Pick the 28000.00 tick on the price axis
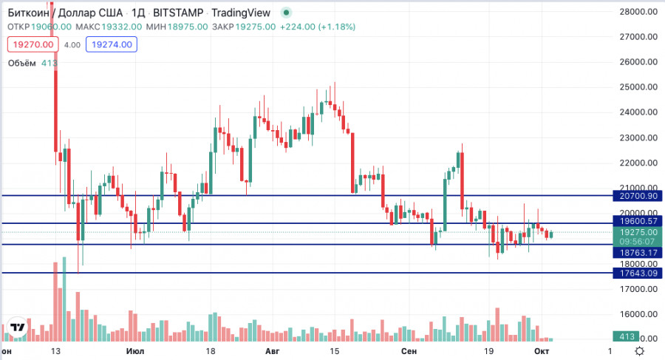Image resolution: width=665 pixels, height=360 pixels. click(638, 12)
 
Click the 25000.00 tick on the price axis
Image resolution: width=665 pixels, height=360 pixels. click(638, 87)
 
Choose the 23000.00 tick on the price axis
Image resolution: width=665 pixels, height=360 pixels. click(638, 137)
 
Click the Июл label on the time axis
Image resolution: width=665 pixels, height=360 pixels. click(135, 351)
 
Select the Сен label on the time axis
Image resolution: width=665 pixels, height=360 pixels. click(409, 351)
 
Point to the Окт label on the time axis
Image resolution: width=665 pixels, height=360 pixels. click(541, 351)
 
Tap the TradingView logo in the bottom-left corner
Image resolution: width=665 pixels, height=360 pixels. click(17, 327)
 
